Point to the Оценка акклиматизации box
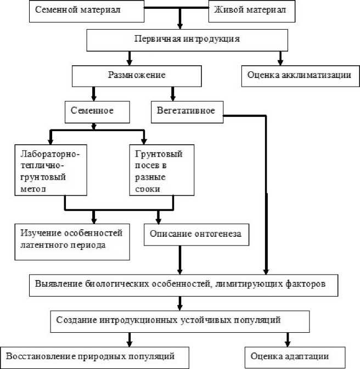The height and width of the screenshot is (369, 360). tap(296, 75)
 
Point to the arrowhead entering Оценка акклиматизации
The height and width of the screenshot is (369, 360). tap(279, 61)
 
